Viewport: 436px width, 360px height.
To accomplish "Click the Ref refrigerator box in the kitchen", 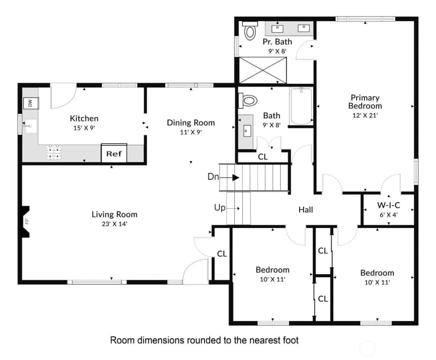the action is click(x=114, y=153).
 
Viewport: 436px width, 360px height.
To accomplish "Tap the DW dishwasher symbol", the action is click(x=31, y=103).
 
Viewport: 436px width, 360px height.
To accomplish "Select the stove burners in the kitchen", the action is click(x=54, y=152).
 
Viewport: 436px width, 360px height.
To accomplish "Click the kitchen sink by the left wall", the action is click(x=31, y=127).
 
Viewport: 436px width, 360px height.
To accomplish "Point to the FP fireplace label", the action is click(x=27, y=221).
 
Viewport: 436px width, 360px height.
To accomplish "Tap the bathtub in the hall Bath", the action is click(x=301, y=106).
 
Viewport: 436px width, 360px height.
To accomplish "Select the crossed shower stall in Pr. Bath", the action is click(x=263, y=70).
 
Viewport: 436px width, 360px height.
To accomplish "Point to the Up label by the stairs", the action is click(x=220, y=208).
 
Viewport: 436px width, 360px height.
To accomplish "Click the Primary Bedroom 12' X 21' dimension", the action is click(x=365, y=115).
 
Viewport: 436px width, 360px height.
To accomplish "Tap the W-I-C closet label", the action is click(x=389, y=205).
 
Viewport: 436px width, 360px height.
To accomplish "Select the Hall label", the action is click(x=305, y=210).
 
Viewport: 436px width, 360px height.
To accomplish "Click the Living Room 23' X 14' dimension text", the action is click(x=114, y=224).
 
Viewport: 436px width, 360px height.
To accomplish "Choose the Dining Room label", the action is click(x=191, y=123).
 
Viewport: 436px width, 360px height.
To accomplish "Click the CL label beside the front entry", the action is click(x=222, y=254).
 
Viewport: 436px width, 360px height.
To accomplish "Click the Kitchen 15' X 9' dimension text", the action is click(x=84, y=128).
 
